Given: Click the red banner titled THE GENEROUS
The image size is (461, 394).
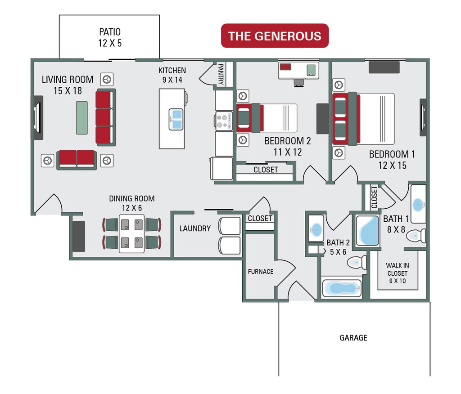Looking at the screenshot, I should [x=275, y=36].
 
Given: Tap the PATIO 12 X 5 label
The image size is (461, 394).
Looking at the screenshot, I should [x=110, y=38].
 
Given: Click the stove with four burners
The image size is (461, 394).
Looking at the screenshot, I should [x=223, y=121].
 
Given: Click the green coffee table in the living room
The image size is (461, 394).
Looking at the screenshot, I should [x=81, y=117].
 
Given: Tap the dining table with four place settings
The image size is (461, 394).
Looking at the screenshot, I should [x=131, y=233].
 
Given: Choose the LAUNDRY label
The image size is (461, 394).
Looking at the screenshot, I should [x=195, y=228].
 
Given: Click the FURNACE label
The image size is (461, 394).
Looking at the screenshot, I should [x=261, y=272].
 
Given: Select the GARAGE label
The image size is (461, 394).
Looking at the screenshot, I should [x=353, y=338].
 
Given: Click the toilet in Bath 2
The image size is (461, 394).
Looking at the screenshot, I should [x=358, y=261].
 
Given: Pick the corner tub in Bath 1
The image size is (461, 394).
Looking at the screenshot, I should [x=367, y=230].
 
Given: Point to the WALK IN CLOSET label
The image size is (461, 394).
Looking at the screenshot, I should [x=397, y=273].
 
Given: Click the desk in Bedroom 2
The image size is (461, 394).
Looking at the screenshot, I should [x=298, y=70].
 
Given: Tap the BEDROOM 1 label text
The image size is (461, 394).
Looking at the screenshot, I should [x=392, y=159].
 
